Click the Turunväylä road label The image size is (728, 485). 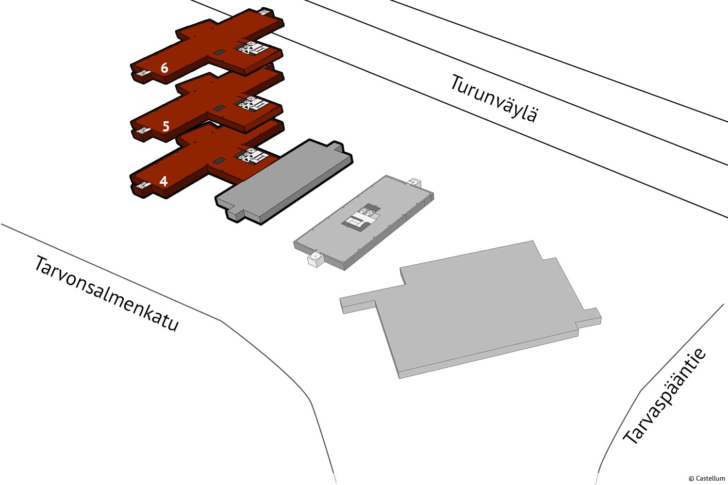click(x=494, y=98)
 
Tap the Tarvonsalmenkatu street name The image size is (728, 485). click(x=106, y=293)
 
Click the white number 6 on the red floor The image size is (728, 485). click(x=165, y=67)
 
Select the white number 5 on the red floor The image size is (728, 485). click(x=166, y=126)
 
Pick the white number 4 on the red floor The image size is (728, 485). click(x=164, y=181)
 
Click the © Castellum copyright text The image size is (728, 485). click(x=707, y=479)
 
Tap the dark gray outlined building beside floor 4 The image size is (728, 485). click(x=284, y=181)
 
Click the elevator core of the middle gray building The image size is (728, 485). click(x=361, y=218)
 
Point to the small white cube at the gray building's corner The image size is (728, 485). click(x=315, y=260)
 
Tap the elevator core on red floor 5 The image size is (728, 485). click(x=252, y=103)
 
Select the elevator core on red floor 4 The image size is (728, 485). click(x=252, y=155)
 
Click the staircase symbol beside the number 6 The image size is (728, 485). click(x=142, y=74)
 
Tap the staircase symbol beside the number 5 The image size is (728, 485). click(x=142, y=131)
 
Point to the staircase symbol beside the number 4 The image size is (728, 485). click(x=142, y=186)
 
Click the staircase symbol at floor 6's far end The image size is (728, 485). click(x=265, y=12)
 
